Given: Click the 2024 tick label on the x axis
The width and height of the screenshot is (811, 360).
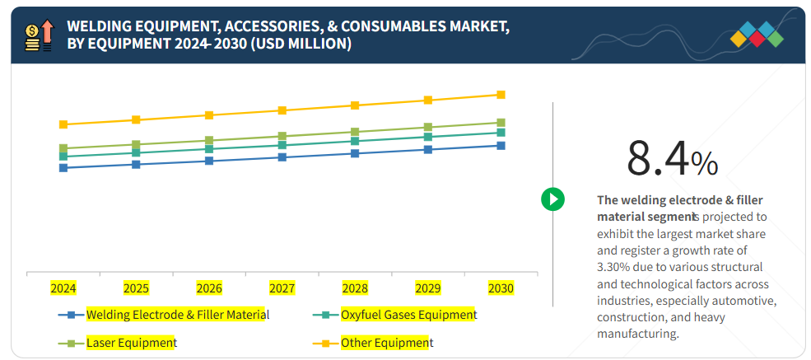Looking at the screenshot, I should pyautogui.click(x=63, y=288).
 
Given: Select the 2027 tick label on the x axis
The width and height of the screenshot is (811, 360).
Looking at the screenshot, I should pyautogui.click(x=282, y=288).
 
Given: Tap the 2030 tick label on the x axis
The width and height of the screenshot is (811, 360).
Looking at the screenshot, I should pyautogui.click(x=501, y=288).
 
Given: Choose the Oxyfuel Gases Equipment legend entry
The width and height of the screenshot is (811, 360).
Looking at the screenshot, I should pyautogui.click(x=408, y=315).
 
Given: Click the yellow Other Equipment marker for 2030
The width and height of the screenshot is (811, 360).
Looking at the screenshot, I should pyautogui.click(x=501, y=95).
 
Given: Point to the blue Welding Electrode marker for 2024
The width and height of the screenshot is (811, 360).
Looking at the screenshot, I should pyautogui.click(x=63, y=167).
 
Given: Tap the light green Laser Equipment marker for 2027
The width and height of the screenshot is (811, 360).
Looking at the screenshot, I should pyautogui.click(x=282, y=136).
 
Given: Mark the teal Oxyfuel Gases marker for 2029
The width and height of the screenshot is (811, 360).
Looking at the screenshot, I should pyautogui.click(x=427, y=137).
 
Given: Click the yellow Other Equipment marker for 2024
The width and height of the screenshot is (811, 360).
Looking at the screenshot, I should pyautogui.click(x=63, y=124).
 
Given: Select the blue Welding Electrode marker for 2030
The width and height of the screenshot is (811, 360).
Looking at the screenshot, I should pyautogui.click(x=501, y=146).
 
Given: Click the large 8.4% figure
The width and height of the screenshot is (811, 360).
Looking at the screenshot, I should pyautogui.click(x=672, y=158).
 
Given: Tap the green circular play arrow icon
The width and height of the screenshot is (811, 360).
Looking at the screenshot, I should pyautogui.click(x=552, y=199).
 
